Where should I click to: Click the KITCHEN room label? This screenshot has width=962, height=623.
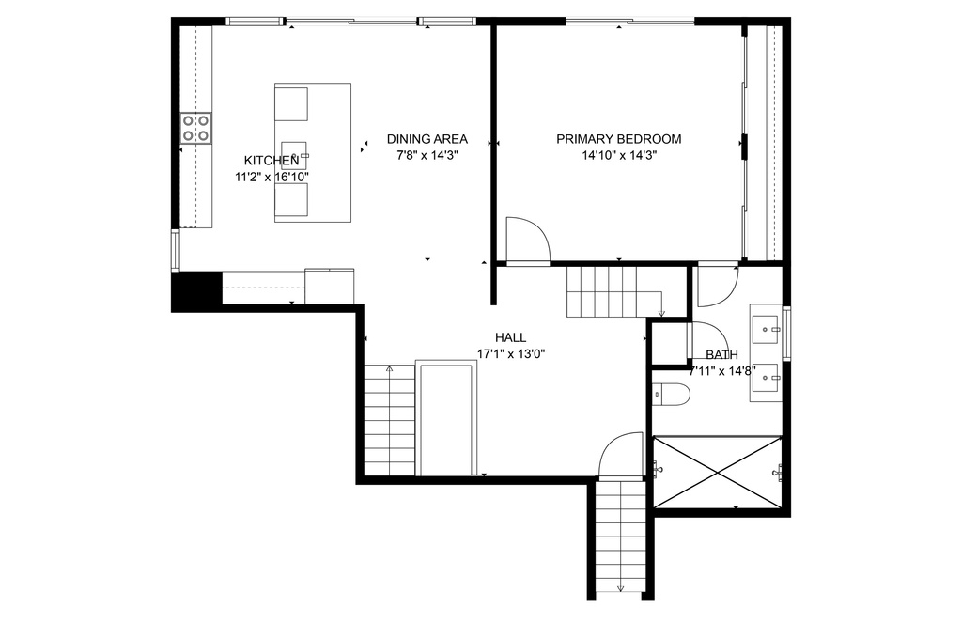(272, 161)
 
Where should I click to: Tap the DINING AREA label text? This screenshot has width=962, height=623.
(427, 139)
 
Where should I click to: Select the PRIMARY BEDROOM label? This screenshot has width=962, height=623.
(618, 139)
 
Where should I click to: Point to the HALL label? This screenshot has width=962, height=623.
(510, 337)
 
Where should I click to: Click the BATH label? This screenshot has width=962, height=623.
(721, 355)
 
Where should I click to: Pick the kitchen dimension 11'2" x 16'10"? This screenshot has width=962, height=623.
(272, 178)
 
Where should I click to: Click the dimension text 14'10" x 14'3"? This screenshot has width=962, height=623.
(620, 155)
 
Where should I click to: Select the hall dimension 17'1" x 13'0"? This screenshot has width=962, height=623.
(511, 353)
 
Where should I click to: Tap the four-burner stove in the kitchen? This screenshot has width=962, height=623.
(195, 129)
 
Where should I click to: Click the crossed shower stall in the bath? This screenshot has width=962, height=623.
(717, 472)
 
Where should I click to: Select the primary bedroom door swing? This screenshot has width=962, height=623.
(527, 240)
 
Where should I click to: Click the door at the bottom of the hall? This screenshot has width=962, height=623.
(620, 455)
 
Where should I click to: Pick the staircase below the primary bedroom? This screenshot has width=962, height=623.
(613, 291)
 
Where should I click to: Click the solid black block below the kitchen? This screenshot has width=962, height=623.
(195, 291)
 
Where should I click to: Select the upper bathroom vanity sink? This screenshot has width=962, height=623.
(765, 330)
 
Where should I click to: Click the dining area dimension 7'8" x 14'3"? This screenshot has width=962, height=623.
(427, 155)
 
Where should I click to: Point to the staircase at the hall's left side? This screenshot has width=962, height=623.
(390, 419)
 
